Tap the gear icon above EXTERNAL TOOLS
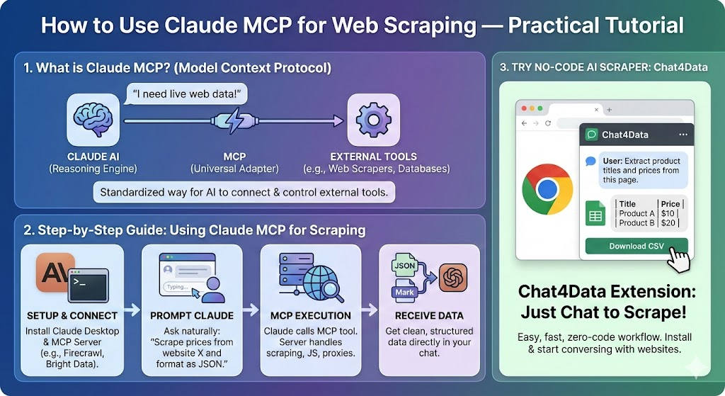[x=372, y=120]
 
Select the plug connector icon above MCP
[x=234, y=120]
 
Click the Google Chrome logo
[x=547, y=189]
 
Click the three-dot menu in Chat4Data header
[x=683, y=134]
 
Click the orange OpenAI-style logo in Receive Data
[x=453, y=277]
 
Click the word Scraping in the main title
[x=429, y=26]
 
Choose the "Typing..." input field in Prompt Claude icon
[x=179, y=287]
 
